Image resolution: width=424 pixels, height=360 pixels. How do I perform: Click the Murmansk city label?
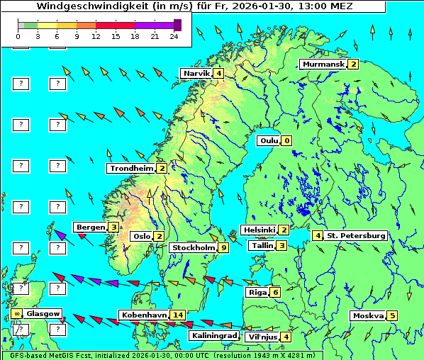pos(323,64)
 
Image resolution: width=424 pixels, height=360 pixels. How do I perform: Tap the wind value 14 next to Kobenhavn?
pos(178,315)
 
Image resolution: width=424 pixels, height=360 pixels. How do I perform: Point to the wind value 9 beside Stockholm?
pos(224,248)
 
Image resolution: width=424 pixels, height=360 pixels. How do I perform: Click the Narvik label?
pos(196,74)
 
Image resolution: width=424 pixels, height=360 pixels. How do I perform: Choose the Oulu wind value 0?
pos(286,141)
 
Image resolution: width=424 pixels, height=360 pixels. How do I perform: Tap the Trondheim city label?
pos(131,169)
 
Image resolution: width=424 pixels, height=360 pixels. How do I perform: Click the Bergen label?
pos(90,227)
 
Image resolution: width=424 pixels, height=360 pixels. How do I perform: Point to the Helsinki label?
pos(259,230)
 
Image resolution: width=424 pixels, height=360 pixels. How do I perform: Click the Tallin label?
pos(262,246)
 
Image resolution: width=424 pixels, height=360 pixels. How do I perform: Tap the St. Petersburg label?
pos(355,236)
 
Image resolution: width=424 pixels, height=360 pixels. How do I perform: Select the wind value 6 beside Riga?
pos(275,293)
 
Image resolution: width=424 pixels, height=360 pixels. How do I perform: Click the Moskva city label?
pos(368,316)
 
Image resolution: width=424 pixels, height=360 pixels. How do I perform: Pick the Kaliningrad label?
pos(213,336)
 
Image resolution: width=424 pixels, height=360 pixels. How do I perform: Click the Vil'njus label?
pos(261,337)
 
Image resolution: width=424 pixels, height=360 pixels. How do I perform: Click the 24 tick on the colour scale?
pos(174,35)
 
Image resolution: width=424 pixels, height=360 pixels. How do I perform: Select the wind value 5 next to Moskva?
pos(392,316)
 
